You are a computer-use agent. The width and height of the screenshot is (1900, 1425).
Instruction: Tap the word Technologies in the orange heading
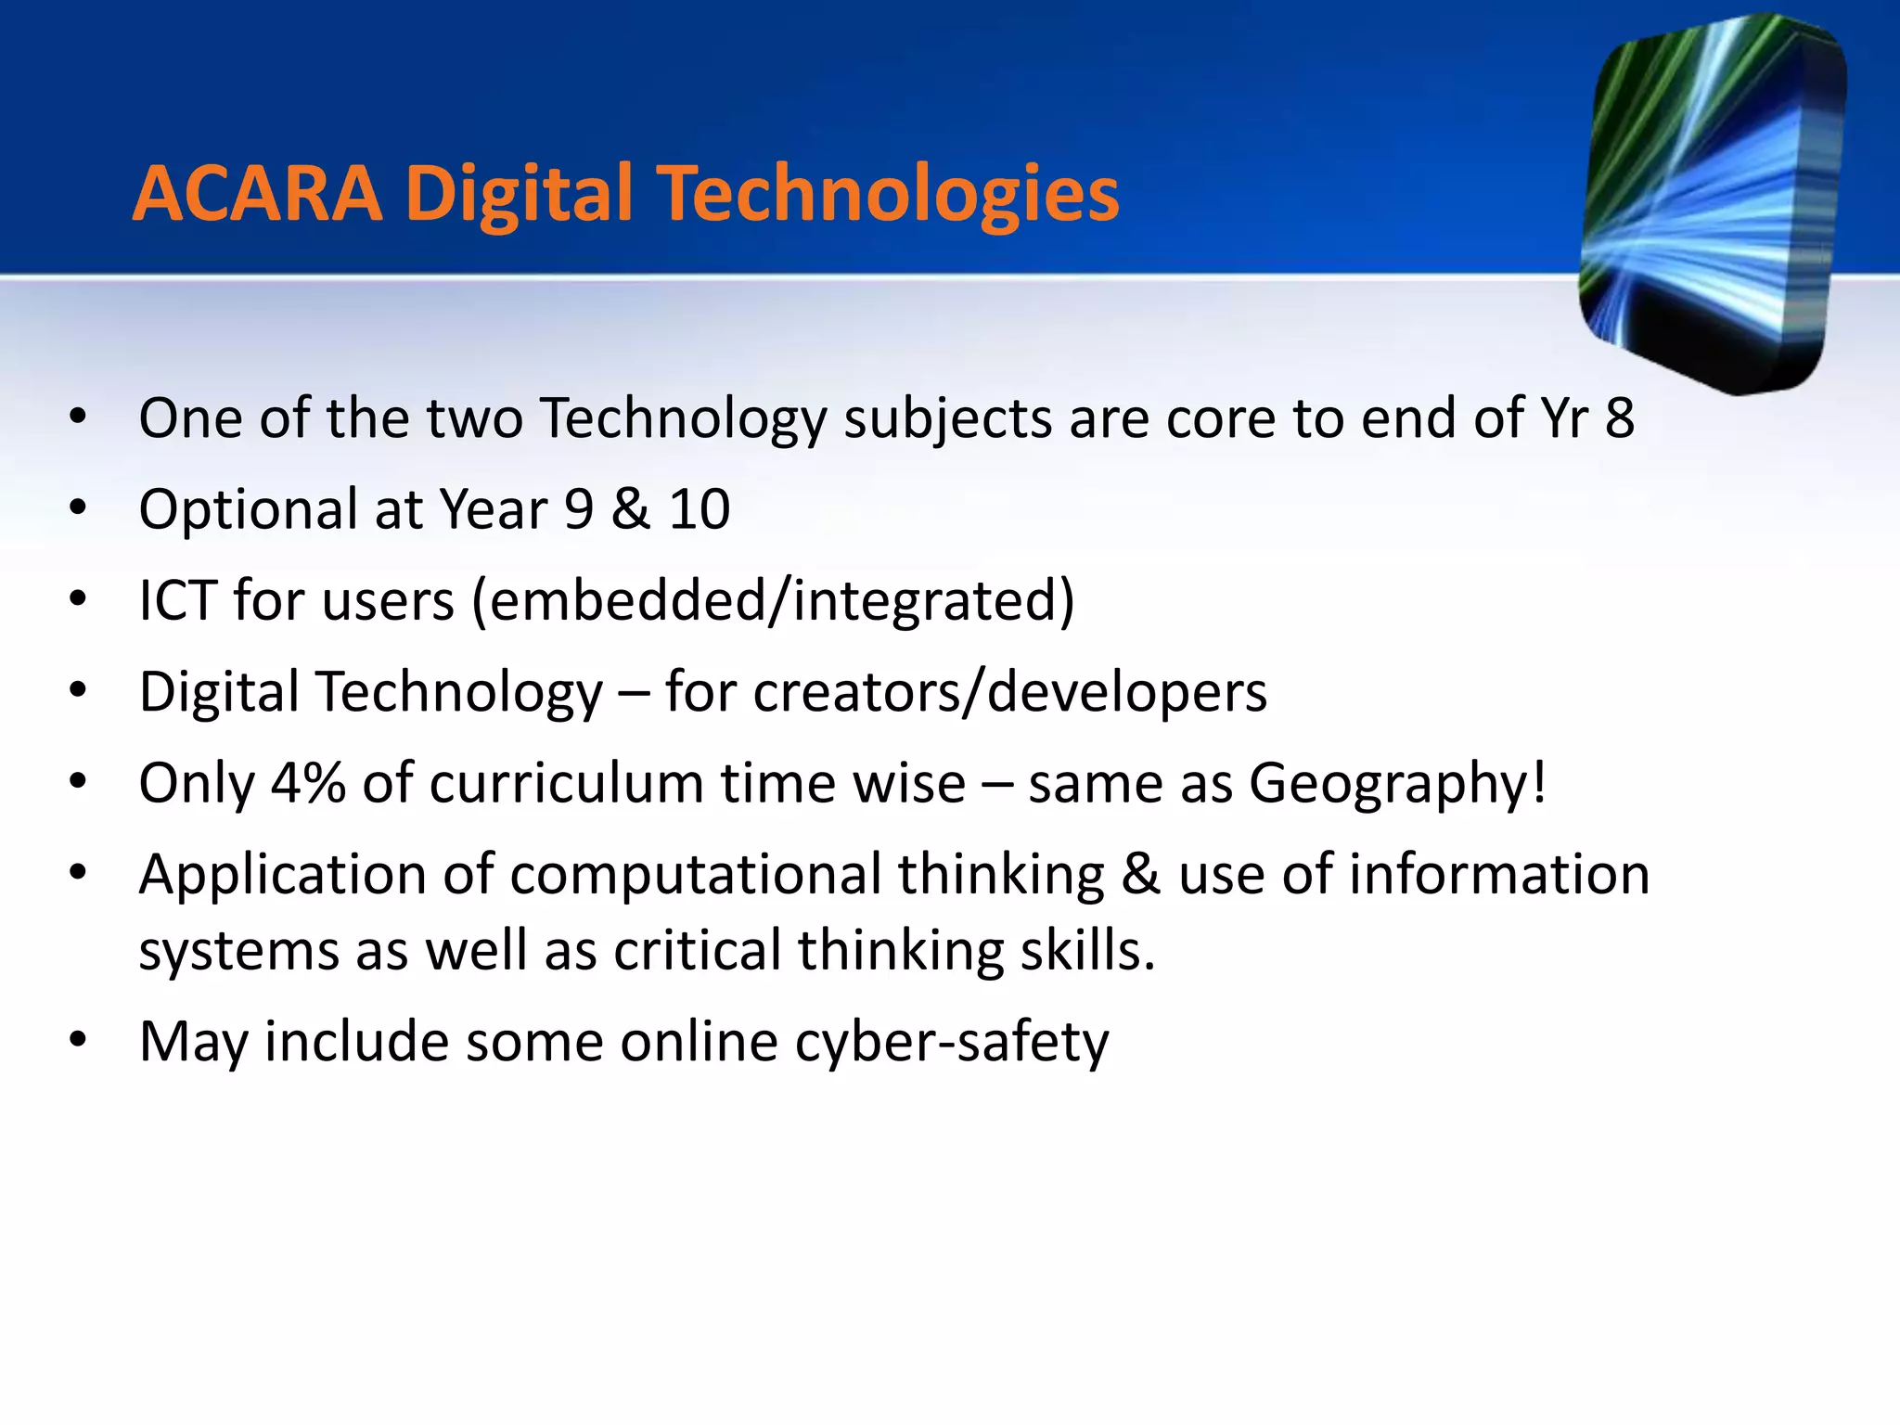point(891,195)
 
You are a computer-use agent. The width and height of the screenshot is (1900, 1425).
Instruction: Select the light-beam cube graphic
point(1713,204)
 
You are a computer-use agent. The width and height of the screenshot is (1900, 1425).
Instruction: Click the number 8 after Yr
point(1619,418)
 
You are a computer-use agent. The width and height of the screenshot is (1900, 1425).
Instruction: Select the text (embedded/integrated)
point(773,601)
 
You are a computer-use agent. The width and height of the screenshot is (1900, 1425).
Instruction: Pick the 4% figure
point(308,783)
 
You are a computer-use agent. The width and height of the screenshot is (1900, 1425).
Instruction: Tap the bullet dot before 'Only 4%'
point(78,783)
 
